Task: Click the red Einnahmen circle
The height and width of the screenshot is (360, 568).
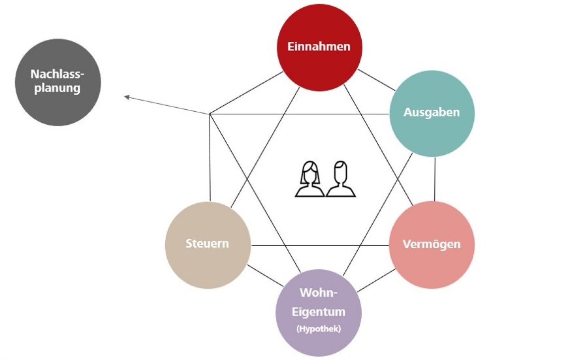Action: click(319, 47)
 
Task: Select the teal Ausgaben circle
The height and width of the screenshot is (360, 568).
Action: click(432, 113)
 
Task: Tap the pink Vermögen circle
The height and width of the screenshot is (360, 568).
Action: click(432, 245)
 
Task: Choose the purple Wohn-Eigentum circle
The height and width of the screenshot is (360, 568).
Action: click(318, 313)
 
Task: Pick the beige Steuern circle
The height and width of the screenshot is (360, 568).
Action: click(208, 245)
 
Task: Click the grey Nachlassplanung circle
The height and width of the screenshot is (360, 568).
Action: click(58, 82)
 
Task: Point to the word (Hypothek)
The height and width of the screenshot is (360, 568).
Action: click(319, 329)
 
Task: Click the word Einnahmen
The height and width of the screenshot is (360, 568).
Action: click(319, 47)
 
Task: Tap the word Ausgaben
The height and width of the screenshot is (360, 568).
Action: click(432, 112)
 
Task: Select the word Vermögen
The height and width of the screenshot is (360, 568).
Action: click(432, 244)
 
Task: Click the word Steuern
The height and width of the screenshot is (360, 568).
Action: click(207, 244)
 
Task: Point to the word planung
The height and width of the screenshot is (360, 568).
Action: click(57, 88)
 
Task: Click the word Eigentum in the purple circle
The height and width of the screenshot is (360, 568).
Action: click(318, 312)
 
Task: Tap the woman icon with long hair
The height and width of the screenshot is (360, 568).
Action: click(310, 179)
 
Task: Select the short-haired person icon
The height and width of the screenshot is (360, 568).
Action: click(340, 179)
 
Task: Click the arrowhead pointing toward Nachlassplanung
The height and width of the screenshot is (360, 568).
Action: click(127, 97)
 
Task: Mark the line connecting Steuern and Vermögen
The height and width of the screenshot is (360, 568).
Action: click(320, 245)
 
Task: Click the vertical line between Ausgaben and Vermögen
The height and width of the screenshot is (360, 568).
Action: click(435, 179)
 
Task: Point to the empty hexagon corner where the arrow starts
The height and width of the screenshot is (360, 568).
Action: click(210, 114)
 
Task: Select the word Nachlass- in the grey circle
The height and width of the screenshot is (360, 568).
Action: click(57, 74)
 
